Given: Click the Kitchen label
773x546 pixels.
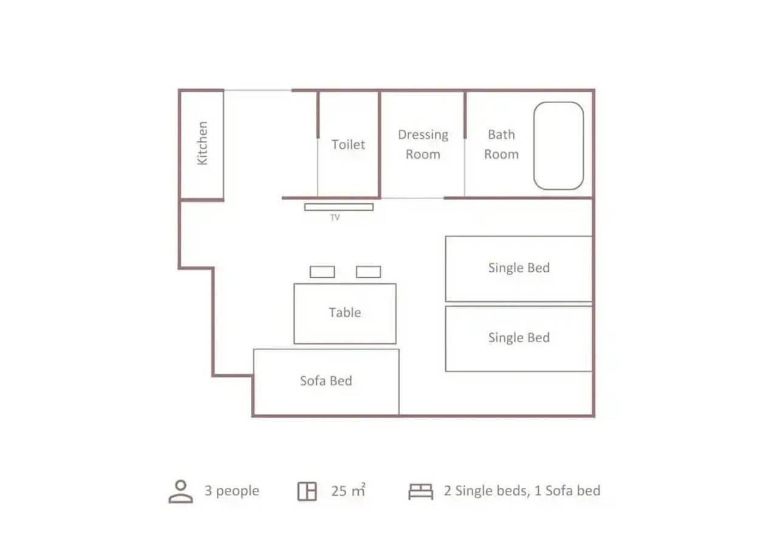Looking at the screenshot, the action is pos(202,143).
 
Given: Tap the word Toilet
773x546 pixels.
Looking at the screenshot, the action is pos(348,145).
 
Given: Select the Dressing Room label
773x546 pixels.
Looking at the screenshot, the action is pos(423,144).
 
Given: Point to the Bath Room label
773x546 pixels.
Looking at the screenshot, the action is pos(502,144).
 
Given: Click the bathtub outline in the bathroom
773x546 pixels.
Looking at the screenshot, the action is pos(534,146).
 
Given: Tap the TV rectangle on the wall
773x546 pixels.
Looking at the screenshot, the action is pos(339,207).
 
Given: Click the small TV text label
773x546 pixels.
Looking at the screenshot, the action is pos(335,218).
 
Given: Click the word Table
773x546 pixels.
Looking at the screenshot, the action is pos(345,312).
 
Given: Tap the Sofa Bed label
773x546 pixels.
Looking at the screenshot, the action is pos(326,381).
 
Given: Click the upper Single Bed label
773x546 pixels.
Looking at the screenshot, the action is pos(519,268).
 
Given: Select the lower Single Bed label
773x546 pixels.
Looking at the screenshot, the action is pos(519,338).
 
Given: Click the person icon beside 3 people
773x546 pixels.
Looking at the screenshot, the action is pos(181,491).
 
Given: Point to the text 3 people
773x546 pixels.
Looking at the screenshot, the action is pos(232,491).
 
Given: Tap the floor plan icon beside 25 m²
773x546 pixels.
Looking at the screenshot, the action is pos(307,491).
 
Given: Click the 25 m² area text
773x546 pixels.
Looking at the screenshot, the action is pos(348,491).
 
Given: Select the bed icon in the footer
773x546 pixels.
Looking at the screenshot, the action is pos(421,491).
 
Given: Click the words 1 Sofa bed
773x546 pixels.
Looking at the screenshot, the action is pos(567,491).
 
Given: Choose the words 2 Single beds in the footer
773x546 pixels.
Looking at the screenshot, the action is pos(487,491).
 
